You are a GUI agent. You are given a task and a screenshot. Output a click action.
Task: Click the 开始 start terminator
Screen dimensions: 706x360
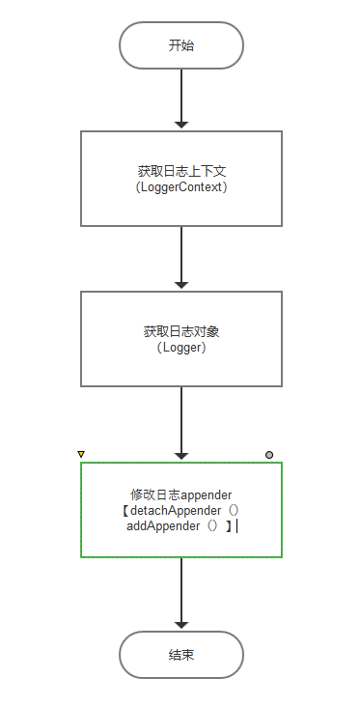181,45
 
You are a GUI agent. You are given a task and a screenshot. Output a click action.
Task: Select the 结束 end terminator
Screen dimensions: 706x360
181,655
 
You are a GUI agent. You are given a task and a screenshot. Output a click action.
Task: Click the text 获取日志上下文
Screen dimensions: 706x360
181,171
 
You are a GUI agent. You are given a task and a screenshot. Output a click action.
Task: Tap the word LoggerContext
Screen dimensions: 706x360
181,186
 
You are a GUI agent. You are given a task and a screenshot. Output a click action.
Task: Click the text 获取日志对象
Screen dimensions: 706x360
181,332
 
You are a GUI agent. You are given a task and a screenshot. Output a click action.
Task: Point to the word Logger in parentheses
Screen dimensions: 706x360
181,348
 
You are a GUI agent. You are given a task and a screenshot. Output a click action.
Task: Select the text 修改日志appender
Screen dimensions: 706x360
181,494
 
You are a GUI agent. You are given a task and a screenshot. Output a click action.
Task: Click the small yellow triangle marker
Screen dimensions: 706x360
81,454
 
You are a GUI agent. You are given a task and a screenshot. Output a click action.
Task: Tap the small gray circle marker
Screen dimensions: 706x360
269,454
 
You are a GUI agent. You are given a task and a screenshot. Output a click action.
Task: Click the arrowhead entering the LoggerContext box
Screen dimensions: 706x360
181,125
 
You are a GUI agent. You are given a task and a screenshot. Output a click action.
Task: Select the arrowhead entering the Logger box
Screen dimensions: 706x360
181,286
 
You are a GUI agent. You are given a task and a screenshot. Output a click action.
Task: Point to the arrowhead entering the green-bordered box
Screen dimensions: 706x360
181,455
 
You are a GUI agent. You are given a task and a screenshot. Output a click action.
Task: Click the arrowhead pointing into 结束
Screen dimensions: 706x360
181,625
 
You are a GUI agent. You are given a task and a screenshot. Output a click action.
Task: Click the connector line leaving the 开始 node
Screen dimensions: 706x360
181,92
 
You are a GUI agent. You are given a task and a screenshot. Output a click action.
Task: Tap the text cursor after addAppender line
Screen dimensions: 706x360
236,525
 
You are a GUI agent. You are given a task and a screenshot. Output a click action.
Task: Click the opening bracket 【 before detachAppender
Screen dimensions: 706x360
126,510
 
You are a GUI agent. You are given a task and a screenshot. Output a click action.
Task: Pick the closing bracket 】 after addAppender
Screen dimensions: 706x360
228,525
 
